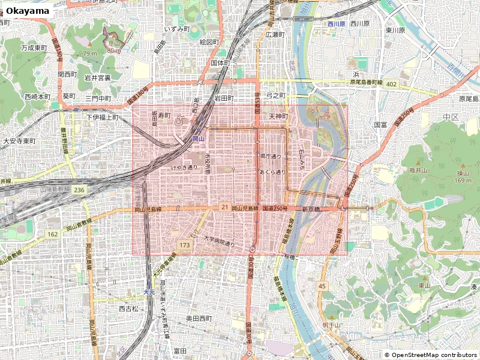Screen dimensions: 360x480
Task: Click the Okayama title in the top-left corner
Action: tap(27, 11)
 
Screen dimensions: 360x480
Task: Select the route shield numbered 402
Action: tap(392, 85)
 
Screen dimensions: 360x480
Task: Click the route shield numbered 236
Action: tap(80, 189)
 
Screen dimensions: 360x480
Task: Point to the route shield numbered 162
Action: tap(53, 234)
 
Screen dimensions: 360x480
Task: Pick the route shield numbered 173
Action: tap(184, 245)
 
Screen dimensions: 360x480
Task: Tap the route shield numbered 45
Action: tap(322, 286)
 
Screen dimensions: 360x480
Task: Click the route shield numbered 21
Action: tap(224, 207)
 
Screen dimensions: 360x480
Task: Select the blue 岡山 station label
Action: tap(199, 139)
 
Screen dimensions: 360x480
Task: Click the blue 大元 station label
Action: tap(149, 292)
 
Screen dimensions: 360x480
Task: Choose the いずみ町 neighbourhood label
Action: tap(177, 29)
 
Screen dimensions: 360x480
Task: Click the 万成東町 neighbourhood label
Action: tap(34, 47)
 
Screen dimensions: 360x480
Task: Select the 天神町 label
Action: tap(278, 116)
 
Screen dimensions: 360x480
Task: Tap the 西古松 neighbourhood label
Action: tap(128, 309)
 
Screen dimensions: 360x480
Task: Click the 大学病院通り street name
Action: tap(218, 241)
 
